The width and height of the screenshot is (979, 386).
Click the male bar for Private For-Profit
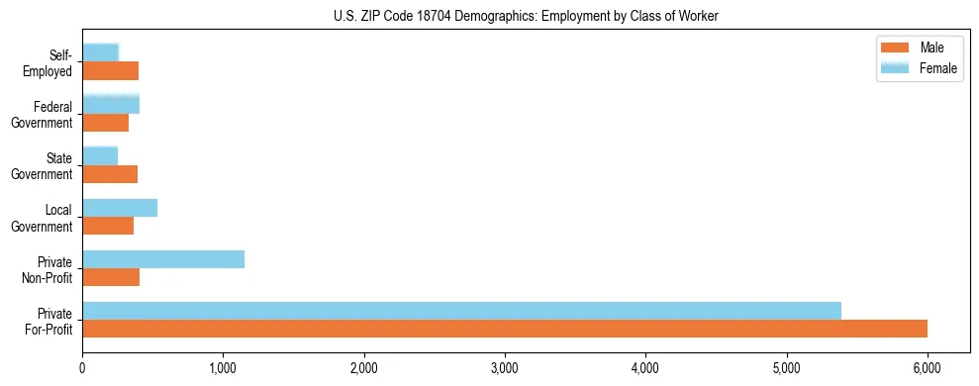(505, 329)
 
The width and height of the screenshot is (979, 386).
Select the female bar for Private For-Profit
(461, 311)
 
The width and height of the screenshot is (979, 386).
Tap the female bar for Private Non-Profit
(163, 259)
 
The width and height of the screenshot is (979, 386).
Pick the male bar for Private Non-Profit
(111, 277)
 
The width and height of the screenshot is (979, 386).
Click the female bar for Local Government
(120, 208)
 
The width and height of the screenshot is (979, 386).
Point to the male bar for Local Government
(108, 226)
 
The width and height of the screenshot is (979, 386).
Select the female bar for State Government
(100, 155)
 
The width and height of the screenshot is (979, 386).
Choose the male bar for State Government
(110, 174)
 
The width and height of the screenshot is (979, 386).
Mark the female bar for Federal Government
(111, 104)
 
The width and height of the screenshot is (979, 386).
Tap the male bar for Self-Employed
(111, 71)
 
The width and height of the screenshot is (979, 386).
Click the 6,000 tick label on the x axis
(928, 367)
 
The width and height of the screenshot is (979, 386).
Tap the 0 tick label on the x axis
(82, 367)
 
